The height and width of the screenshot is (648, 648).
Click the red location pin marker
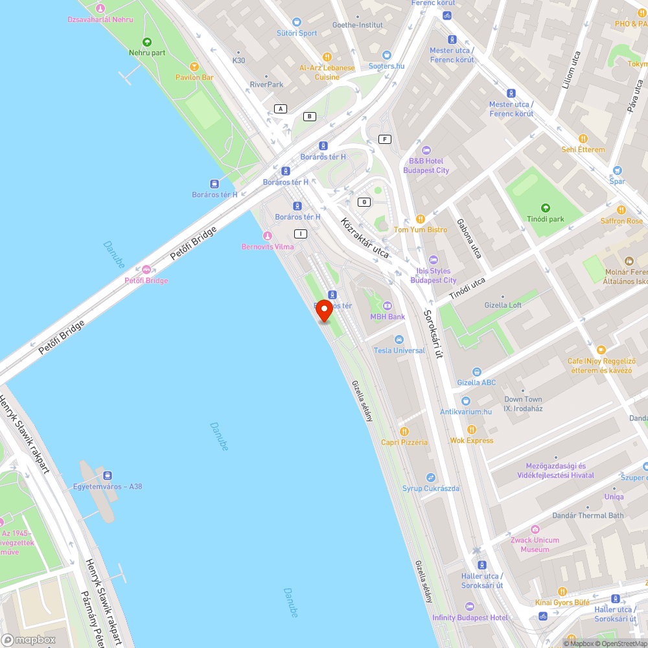point(324,310)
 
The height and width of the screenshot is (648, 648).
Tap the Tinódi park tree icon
point(546,207)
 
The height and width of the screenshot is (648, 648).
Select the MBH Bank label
point(388,317)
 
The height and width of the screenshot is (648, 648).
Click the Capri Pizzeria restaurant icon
point(404,431)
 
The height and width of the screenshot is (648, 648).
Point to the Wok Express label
point(472,441)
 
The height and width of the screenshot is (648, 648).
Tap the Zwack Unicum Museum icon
point(535,529)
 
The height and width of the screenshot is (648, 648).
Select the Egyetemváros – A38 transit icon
point(108,475)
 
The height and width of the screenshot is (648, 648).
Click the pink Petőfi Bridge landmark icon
point(146,270)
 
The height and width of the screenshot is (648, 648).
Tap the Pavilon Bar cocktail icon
point(194,66)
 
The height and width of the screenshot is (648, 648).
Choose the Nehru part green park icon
point(147,42)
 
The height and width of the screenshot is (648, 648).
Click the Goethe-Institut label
point(357,25)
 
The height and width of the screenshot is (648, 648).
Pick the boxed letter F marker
point(386,139)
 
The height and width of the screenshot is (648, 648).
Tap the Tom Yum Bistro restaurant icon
point(420,219)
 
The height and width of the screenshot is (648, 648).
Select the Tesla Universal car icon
point(399,340)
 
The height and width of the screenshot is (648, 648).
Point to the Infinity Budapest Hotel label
point(470,618)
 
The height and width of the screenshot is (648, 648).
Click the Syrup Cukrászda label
point(431,488)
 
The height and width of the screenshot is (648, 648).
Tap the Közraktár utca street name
point(364,237)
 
